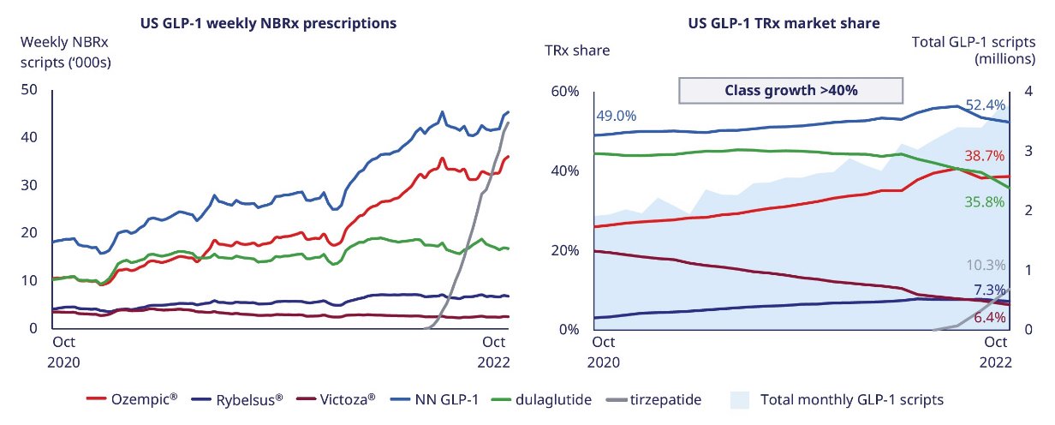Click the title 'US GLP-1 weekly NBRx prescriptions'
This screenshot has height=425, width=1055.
click(x=268, y=23)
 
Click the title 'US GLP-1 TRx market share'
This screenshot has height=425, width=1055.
click(x=784, y=23)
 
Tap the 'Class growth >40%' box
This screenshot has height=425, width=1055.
click(x=790, y=90)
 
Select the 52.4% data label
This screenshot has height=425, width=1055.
click(x=986, y=105)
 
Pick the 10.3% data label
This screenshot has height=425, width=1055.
click(x=986, y=265)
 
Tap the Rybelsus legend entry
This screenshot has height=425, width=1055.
click(x=237, y=399)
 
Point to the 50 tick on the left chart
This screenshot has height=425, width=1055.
click(x=29, y=89)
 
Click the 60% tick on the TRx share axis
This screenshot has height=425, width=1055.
click(x=564, y=92)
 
